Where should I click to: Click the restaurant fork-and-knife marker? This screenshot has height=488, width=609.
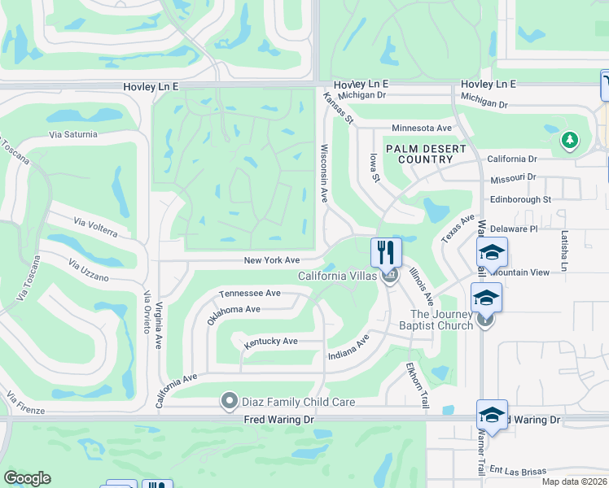[387, 252]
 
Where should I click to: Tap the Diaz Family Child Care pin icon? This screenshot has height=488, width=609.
[230, 401]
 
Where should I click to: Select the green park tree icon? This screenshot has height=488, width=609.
[570, 141]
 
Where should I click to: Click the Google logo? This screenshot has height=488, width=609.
[27, 478]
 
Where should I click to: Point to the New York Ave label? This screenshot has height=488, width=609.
[273, 260]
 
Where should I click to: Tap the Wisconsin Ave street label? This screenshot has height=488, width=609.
[324, 173]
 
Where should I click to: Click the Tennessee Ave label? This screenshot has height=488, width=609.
[249, 293]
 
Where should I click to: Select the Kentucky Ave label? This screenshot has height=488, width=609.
[271, 342]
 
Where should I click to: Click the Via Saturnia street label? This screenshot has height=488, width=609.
[72, 134]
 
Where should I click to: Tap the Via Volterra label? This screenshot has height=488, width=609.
[95, 227]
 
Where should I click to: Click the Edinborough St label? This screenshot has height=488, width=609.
[520, 199]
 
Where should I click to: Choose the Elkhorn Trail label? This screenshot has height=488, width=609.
[415, 385]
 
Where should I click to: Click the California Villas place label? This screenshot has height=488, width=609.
[336, 277]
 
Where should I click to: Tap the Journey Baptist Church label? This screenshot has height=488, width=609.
[441, 320]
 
